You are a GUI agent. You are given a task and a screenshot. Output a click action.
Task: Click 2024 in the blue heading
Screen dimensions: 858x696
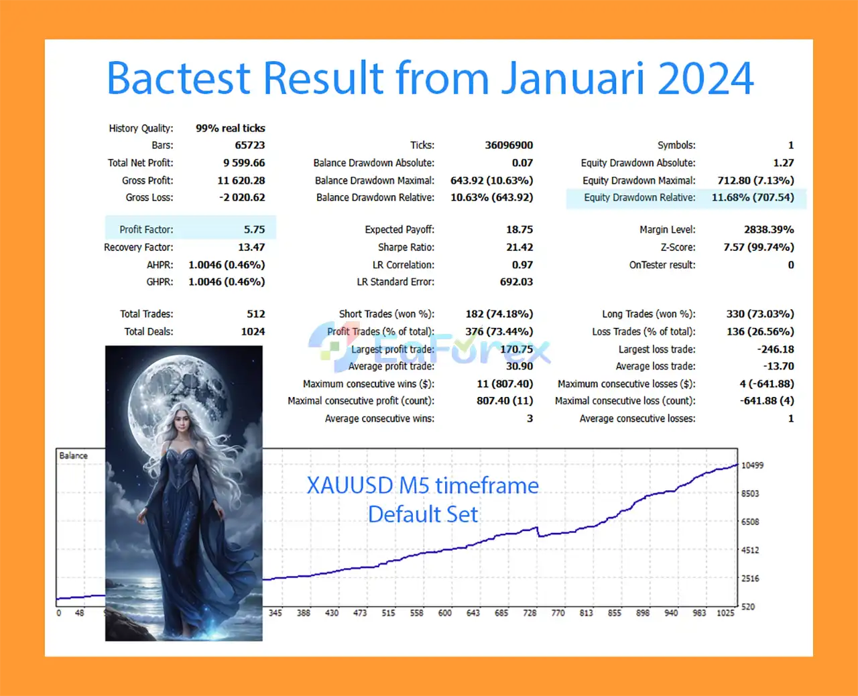pos(705,78)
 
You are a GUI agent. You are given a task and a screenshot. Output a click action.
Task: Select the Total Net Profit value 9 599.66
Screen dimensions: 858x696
pos(244,163)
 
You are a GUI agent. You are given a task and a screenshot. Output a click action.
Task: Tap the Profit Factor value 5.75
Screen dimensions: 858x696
pos(254,229)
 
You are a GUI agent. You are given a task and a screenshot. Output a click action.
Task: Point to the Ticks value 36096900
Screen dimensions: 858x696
pos(509,145)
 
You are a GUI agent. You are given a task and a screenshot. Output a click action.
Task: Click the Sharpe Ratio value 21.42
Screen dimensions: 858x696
pos(519,247)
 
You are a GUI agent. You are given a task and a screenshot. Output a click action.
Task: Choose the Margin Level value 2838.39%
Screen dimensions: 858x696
pos(769,229)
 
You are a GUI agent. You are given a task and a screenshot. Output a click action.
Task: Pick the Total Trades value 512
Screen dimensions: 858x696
pos(256,314)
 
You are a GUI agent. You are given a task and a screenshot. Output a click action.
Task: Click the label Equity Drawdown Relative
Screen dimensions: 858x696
pos(639,198)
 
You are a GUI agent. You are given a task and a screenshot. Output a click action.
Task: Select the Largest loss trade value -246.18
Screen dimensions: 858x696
pos(776,349)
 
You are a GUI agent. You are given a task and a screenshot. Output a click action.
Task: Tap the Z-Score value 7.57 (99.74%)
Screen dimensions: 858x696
pos(759,247)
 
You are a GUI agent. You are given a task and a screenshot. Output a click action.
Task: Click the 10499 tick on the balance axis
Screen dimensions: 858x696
pos(753,465)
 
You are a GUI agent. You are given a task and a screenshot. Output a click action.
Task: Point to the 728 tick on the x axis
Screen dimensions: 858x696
pos(530,613)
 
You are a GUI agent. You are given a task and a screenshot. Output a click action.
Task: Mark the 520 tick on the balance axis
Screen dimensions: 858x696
pos(747,607)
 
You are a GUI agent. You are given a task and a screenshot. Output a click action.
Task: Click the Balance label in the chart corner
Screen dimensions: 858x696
pos(73,456)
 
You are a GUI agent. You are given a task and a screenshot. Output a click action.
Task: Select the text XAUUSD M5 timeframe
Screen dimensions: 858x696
pos(422,485)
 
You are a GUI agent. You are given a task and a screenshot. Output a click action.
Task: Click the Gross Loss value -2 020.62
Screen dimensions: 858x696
pos(242,198)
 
